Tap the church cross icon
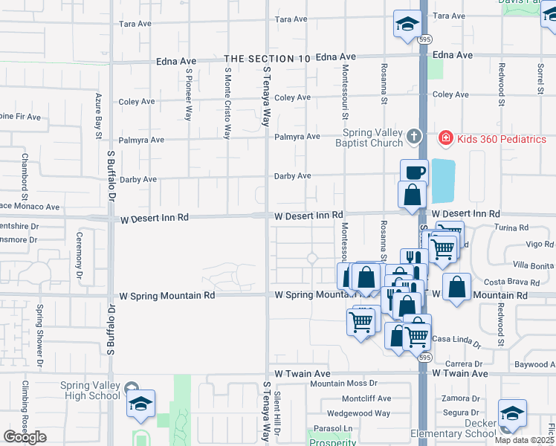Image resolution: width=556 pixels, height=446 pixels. tap(415, 138)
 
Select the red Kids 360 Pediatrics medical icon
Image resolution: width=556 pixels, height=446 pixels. tap(445, 138)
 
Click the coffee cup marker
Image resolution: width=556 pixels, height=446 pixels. tap(414, 172)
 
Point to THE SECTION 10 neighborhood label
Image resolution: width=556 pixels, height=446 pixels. tap(267, 58)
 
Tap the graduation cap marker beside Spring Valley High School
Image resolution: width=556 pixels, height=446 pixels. tap(140, 404)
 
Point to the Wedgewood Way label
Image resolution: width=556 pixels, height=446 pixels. tap(359, 413)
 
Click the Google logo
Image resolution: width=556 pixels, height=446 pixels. tap(25, 437)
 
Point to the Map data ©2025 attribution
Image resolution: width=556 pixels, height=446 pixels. tap(524, 440)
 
